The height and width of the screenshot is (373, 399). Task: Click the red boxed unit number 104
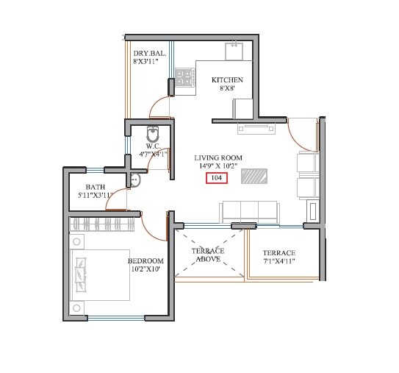[x=217, y=178]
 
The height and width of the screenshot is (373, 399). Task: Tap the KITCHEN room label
[x=226, y=80]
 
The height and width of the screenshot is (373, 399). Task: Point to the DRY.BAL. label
[x=149, y=54]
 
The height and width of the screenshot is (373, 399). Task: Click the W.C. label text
[x=153, y=146]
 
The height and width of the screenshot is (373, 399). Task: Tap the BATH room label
[x=95, y=187]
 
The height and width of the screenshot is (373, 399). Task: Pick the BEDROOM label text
[x=145, y=261]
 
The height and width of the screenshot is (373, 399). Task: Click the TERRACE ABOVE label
[x=208, y=255]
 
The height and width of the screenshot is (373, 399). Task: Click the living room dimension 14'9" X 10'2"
[x=218, y=167]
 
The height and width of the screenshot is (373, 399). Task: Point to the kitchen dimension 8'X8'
[x=226, y=88]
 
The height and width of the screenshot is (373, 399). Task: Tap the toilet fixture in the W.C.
[x=153, y=134]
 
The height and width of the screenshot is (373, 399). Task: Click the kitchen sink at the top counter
[x=234, y=51]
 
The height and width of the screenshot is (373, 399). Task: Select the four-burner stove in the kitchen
[x=184, y=77]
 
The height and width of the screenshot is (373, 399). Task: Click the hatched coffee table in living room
[x=255, y=177]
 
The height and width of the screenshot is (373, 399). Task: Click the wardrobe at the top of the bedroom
[x=102, y=223]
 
